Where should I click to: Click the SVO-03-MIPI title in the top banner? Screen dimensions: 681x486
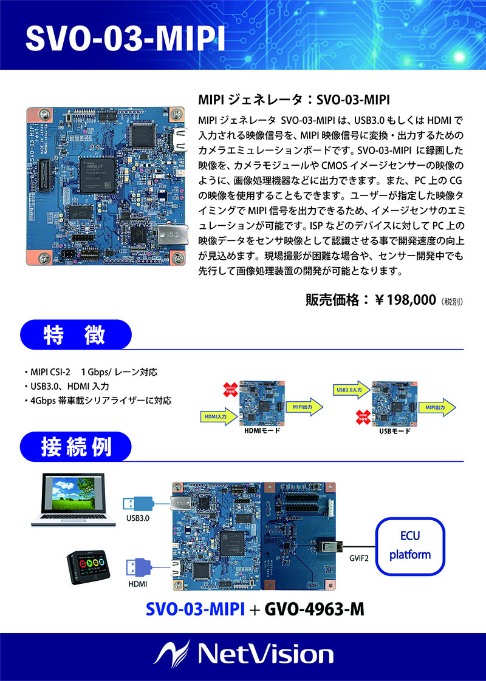125,38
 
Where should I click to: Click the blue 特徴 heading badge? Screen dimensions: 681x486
77,335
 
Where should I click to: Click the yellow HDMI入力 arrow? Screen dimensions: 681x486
219,417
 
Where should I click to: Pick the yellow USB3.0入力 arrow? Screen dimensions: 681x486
351,390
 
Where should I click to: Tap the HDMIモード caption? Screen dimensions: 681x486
261,431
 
